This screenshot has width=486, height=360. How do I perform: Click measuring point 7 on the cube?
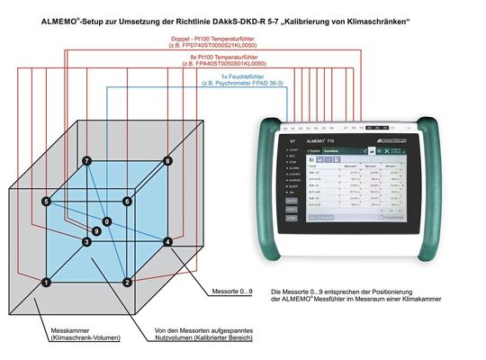click(x=86, y=161)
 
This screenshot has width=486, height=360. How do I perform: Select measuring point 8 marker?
click(x=167, y=161)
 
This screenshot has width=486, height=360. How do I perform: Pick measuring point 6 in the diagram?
click(x=128, y=202)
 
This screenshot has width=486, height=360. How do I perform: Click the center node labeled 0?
click(x=106, y=221)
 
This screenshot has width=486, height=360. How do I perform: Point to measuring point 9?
click(x=96, y=231)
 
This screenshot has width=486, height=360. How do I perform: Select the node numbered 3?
click(x=86, y=242)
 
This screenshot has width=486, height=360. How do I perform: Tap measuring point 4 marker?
click(x=167, y=242)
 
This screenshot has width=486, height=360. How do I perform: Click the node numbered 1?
click(x=46, y=283)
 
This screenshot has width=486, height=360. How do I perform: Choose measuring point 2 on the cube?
click(x=128, y=283)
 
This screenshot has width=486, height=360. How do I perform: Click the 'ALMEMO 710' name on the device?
click(x=320, y=141)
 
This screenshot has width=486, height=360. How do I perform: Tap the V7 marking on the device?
click(x=292, y=141)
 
